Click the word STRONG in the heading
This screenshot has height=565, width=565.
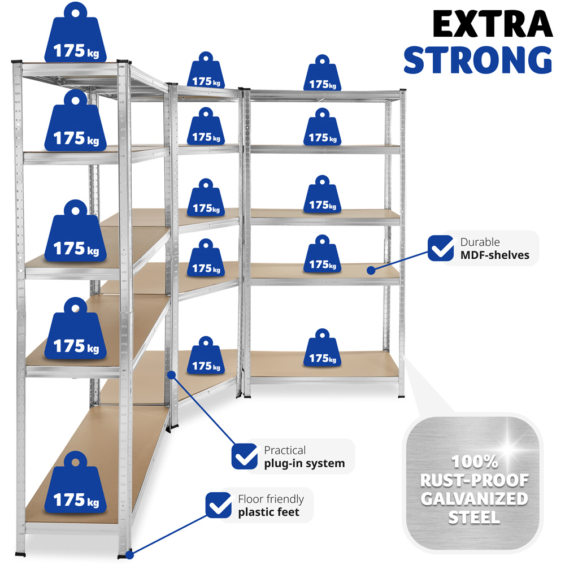pyautogui.click(x=477, y=59)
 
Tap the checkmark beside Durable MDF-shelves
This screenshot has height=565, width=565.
pyautogui.click(x=441, y=248)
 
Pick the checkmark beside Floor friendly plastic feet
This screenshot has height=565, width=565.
pyautogui.click(x=219, y=505)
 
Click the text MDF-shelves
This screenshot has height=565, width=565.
pyautogui.click(x=494, y=255)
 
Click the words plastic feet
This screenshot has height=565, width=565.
pyautogui.click(x=268, y=512)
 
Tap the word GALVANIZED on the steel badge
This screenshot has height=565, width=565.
pyautogui.click(x=475, y=499)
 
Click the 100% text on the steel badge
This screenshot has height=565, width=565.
pyautogui.click(x=474, y=462)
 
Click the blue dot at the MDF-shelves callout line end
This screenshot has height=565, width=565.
pyautogui.click(x=371, y=271)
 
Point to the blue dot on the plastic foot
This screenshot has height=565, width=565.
pyautogui.click(x=129, y=555)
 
